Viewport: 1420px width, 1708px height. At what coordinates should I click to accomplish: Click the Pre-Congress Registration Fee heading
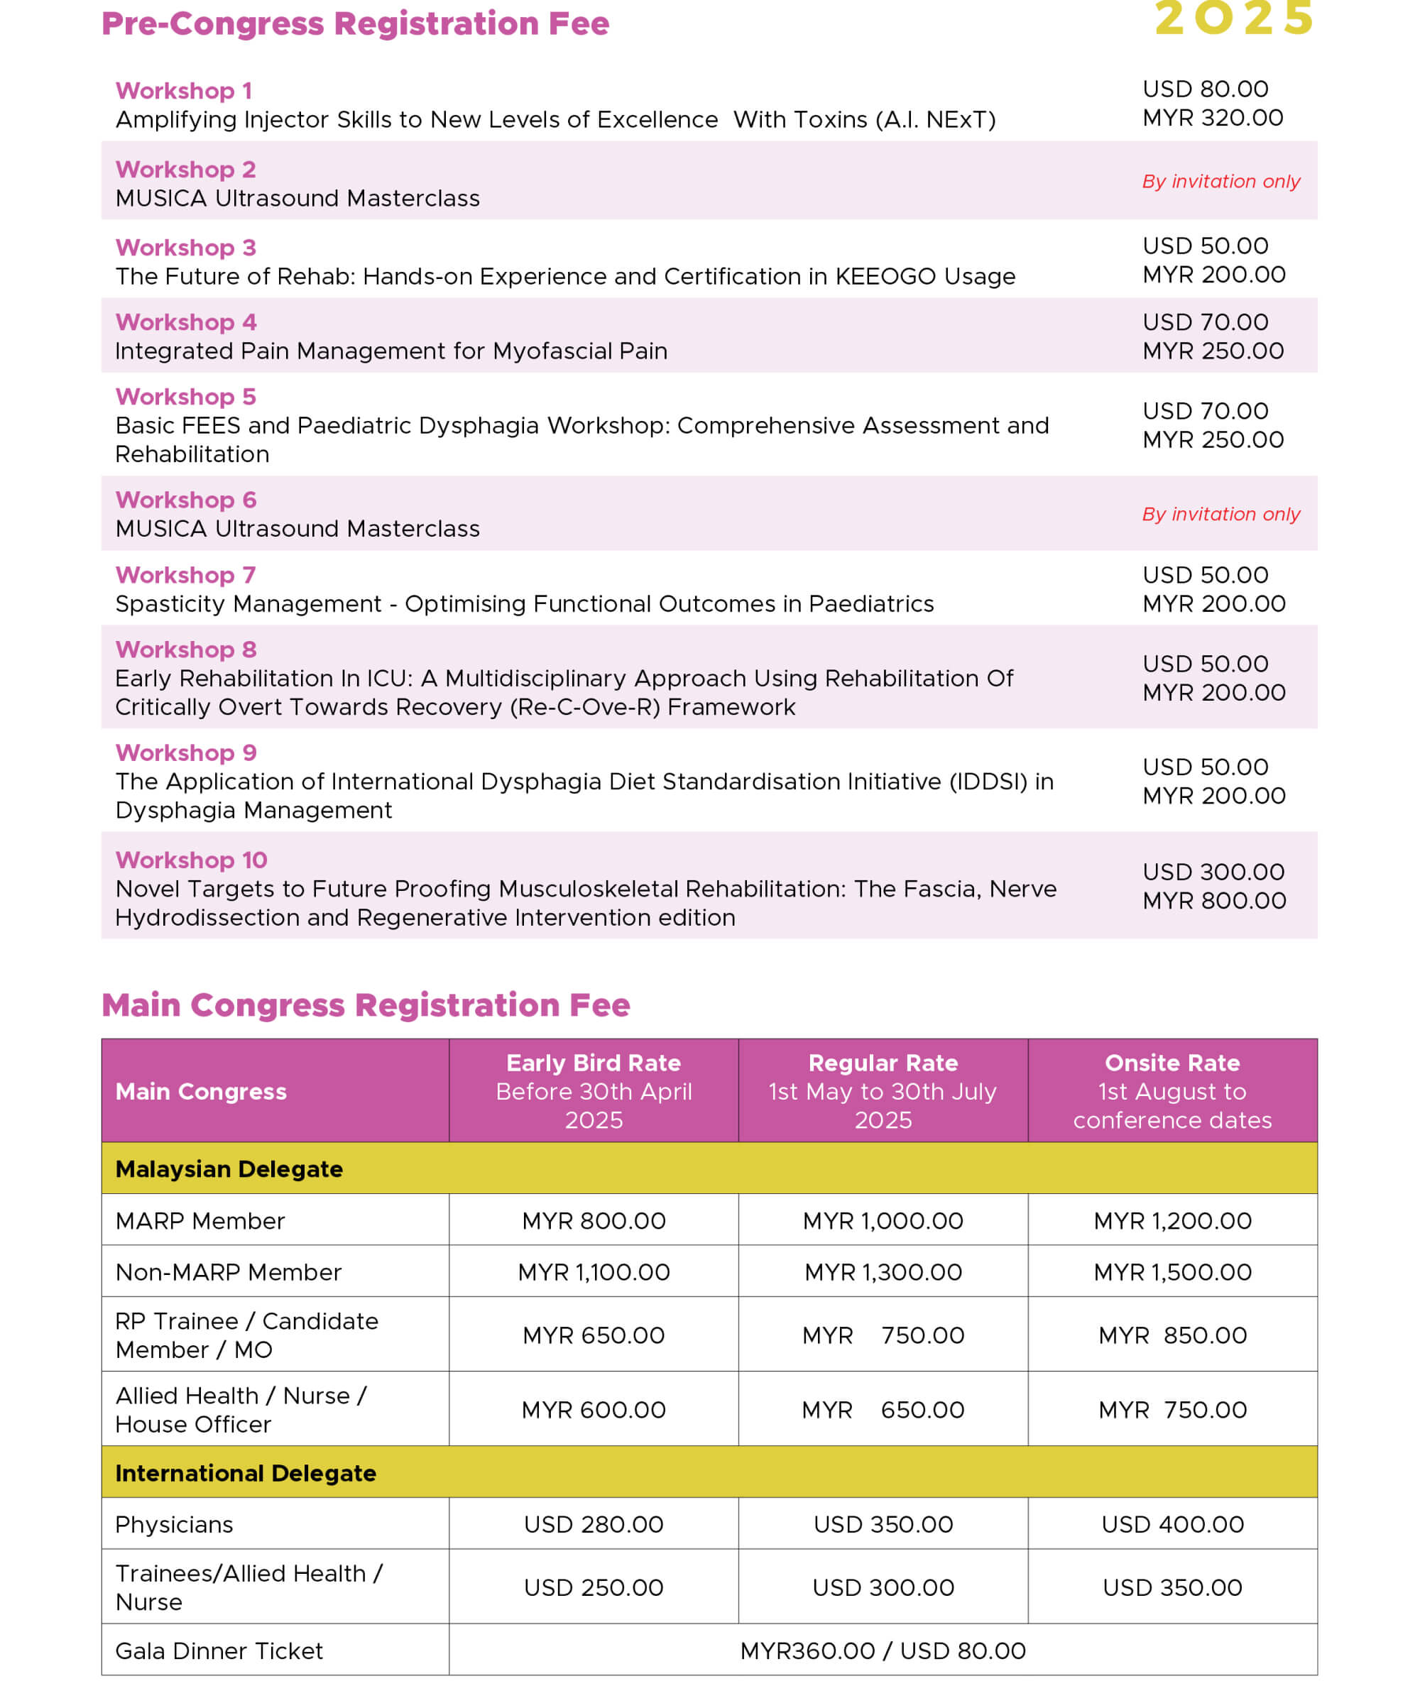click(x=354, y=23)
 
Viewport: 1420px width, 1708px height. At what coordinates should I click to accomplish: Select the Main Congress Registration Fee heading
click(x=365, y=1005)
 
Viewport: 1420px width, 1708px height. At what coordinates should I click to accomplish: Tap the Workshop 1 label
click(x=184, y=90)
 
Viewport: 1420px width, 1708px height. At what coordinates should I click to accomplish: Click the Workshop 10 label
click(x=191, y=860)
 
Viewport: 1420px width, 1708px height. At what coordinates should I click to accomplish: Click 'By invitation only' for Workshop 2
click(x=1220, y=181)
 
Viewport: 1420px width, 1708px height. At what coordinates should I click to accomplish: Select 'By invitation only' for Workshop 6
click(x=1220, y=514)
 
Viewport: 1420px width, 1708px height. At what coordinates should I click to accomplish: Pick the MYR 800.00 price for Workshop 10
click(x=1213, y=900)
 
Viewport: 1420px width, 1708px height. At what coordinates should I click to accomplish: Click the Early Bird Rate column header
click(x=593, y=1063)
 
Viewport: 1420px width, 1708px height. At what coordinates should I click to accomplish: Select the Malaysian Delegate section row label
click(x=229, y=1168)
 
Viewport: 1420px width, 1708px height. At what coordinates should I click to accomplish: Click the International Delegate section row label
click(x=245, y=1473)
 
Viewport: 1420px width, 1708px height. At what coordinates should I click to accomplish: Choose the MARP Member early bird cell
click(x=593, y=1221)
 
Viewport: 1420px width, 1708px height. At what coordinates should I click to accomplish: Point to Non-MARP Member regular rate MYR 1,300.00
click(x=883, y=1272)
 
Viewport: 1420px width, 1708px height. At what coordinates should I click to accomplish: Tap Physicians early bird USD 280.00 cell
click(x=593, y=1524)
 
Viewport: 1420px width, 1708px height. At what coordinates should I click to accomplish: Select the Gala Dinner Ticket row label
click(x=219, y=1651)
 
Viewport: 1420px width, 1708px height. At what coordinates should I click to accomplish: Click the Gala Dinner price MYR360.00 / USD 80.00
click(x=883, y=1651)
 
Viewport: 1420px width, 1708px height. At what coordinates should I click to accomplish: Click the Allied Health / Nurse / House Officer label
click(x=241, y=1410)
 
